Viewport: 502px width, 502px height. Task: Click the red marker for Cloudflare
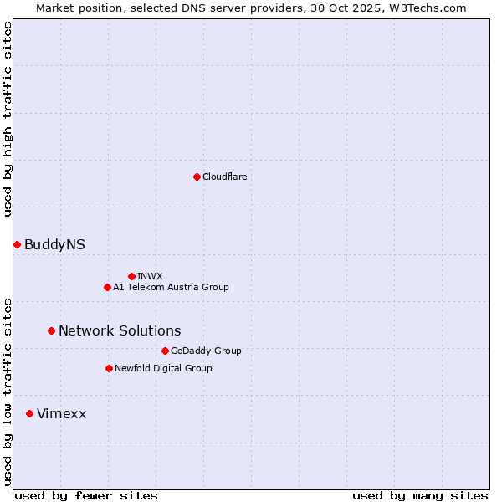197,177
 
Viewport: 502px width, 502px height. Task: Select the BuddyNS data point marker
17,244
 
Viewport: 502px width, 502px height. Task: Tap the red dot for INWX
131,276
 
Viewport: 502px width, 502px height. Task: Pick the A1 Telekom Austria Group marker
107,287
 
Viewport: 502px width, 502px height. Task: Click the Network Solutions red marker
51,330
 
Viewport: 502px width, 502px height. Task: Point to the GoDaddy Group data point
165,351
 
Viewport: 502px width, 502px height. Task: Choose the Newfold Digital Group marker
109,368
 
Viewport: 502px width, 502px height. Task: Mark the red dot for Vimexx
29,413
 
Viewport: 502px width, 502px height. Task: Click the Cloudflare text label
225,177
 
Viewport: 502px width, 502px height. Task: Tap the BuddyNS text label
54,244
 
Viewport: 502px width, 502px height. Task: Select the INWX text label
150,276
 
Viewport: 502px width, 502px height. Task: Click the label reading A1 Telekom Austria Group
171,287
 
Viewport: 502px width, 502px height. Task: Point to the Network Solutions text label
120,330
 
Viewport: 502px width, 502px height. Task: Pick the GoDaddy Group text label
206,351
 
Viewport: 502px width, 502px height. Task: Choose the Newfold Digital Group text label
163,368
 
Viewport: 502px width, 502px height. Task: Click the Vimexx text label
61,413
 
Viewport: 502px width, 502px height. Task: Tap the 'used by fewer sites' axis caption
86,495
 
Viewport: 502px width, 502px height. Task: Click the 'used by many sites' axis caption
420,495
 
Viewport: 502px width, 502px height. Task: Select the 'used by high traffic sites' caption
8,119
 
